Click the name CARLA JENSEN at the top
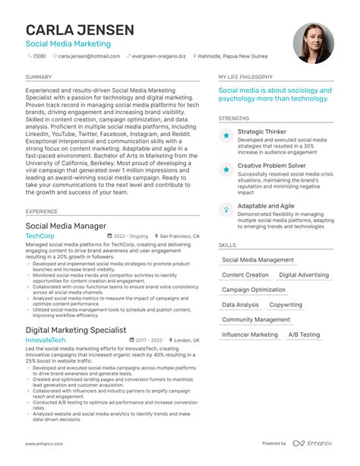point(80,30)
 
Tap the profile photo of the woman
point(313,43)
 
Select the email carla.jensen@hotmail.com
point(84,56)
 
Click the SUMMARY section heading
point(39,78)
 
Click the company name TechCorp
point(40,236)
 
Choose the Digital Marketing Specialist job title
point(76,330)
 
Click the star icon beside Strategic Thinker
point(226,135)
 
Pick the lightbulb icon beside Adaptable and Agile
point(226,208)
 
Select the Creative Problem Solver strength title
point(272,165)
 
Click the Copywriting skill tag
point(286,305)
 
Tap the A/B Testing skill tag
point(305,334)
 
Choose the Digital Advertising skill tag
point(304,275)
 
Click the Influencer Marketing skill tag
point(250,334)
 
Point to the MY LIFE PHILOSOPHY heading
point(245,78)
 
